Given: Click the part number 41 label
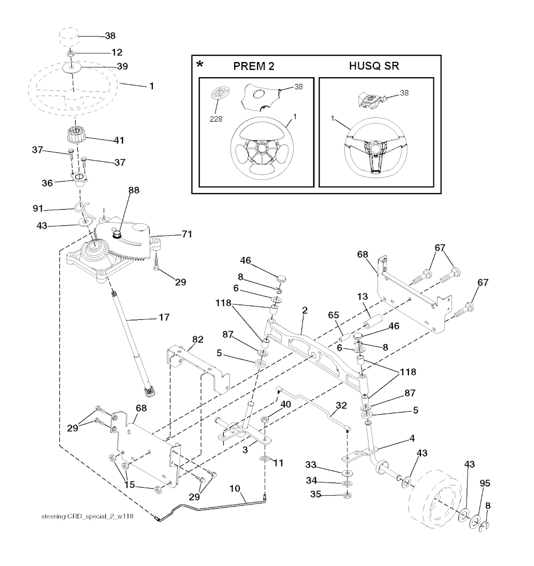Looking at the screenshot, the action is [119, 140].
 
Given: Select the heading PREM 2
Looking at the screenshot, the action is [253, 66].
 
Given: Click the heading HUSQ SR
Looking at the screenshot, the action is [374, 66].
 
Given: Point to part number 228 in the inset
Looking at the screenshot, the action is [216, 119].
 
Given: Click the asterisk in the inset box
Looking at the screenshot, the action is [200, 65].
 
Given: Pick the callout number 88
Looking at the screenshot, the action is [134, 190].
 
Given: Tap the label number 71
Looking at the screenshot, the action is [187, 234].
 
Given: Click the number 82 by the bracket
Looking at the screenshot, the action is [198, 339].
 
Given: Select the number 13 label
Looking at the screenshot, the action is [362, 296].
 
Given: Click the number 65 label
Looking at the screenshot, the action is [333, 315].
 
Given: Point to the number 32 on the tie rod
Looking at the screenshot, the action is [342, 405].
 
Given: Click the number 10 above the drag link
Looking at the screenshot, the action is [235, 489].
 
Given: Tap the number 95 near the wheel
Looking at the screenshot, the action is [485, 484].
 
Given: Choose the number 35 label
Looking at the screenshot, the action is [315, 494].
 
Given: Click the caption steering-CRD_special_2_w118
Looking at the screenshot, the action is [87, 516].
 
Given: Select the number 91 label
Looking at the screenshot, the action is [38, 208].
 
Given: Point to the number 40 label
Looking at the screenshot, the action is [286, 405].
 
